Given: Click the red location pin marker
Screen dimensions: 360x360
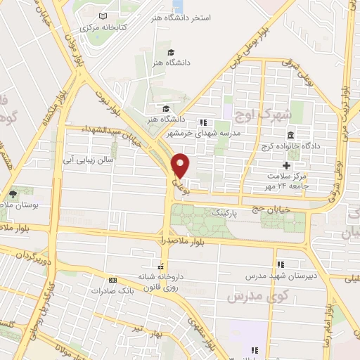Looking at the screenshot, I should [x=181, y=165].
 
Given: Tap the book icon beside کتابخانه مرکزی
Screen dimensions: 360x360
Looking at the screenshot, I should [x=103, y=15].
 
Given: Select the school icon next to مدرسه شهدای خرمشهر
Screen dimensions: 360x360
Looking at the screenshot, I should [x=203, y=122].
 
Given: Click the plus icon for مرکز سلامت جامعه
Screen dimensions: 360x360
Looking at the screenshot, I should [x=286, y=165].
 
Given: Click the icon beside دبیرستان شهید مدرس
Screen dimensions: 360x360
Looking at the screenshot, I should [x=281, y=264].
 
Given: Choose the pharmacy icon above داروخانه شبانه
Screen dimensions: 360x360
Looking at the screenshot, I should [x=162, y=266].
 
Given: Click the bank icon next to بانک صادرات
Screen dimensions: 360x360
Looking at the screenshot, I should [x=112, y=280].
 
